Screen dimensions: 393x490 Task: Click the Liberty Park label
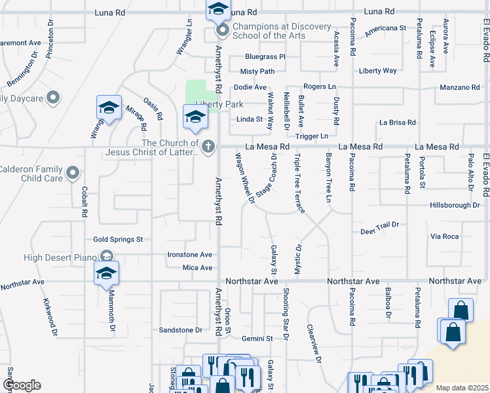[219, 105]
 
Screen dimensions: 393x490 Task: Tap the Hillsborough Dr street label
[455, 205]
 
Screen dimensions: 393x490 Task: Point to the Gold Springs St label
[118, 240]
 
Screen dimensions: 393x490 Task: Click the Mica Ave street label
[197, 268]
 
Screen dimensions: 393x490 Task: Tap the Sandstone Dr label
[181, 330]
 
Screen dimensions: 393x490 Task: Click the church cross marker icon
[208, 146]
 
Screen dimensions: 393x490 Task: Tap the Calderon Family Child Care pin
[73, 174]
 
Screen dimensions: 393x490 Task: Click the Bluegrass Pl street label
[265, 57]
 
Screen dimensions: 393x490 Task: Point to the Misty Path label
[257, 71]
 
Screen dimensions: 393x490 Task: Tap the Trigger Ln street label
[311, 136]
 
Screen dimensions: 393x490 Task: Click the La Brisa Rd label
[398, 122]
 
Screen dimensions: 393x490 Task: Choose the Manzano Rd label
[460, 87]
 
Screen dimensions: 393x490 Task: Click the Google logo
[22, 385]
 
